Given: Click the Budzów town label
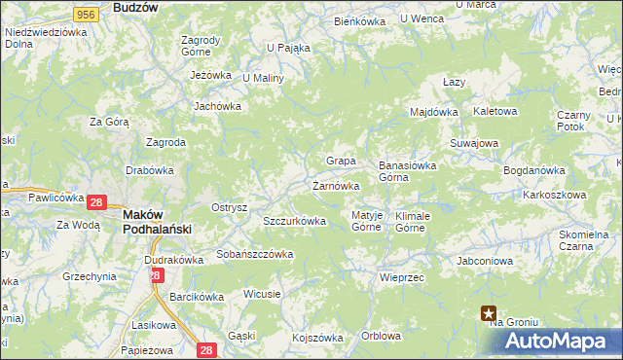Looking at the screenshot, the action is pos(135,7).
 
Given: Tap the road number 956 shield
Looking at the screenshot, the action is pos(87,14).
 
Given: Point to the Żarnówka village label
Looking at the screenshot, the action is pos(337,185).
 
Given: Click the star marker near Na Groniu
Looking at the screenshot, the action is pos(488,312).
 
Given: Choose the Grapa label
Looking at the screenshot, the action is pos(340,161).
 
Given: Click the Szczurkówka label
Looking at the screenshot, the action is pos(294,221).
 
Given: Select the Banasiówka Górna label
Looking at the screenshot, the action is pos(407,171).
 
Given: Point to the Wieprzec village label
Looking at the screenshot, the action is pos(400,276).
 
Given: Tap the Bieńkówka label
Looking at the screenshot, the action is pos(359,20).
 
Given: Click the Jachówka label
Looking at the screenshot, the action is pos(217,106).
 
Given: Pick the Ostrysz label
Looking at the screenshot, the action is pos(230,207).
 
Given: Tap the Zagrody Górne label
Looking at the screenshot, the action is pos(202,47).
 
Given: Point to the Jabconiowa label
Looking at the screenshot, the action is pos(484,261).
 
